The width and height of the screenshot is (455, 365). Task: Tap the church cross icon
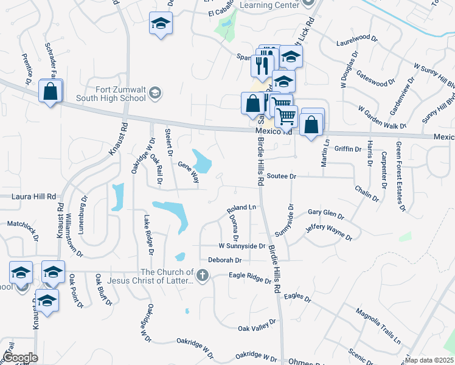[203, 277]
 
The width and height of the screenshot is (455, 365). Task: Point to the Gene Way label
[189, 172]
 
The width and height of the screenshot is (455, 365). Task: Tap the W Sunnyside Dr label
[242, 246]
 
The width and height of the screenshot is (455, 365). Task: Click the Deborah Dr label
[225, 260]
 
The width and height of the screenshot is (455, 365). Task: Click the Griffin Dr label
[348, 148]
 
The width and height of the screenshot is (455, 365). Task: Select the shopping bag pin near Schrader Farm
[50, 91]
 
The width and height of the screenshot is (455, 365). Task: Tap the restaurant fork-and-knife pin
[262, 65]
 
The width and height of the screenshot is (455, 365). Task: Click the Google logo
[19, 358]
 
